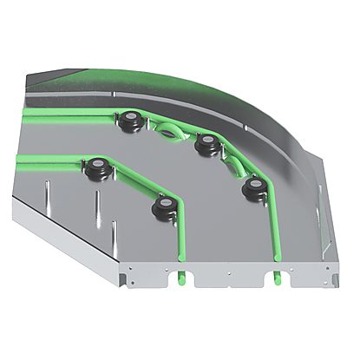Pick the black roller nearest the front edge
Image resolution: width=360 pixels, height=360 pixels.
coord(162,206)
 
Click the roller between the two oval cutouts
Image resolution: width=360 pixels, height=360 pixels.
coord(206,144)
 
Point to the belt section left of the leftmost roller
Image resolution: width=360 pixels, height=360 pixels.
coord(52,159)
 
